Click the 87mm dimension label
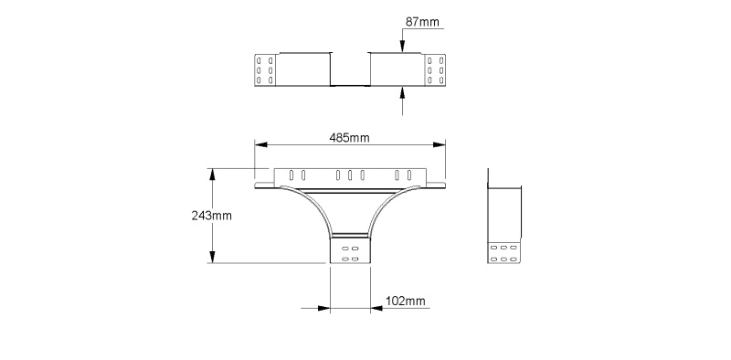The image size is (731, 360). click(422, 22)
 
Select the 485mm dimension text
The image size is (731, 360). click(349, 138)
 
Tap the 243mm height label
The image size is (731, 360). click(211, 216)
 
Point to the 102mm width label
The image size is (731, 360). click(406, 302)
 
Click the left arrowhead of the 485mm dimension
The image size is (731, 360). click(261, 144)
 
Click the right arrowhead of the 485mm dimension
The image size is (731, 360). click(440, 144)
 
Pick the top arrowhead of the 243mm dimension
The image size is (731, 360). click(213, 175)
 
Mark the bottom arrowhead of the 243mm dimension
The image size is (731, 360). click(213, 257)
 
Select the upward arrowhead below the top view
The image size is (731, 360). click(402, 92)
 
